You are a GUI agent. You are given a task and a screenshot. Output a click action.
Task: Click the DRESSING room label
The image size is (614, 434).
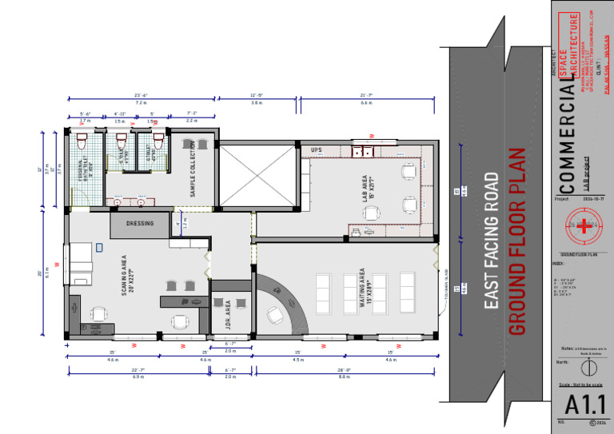[140, 224]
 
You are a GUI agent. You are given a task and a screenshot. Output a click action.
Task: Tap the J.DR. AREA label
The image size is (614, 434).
[229, 316]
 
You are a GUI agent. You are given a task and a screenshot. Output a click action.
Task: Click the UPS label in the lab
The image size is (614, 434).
[316, 149]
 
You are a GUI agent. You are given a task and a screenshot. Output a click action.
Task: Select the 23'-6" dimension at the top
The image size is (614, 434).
[141, 95]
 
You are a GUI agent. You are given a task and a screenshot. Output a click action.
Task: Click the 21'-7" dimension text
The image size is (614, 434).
[367, 95]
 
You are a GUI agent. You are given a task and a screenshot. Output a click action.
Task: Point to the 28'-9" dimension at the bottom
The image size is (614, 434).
[345, 369]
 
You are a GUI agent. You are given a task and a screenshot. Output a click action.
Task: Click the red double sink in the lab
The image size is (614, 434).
[365, 150]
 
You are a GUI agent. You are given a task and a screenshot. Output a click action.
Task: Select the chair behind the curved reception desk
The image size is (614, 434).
[276, 314]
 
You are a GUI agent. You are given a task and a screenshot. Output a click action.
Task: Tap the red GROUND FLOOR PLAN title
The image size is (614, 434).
[517, 240]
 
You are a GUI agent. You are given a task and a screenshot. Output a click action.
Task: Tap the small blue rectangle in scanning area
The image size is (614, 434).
[99, 248]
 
